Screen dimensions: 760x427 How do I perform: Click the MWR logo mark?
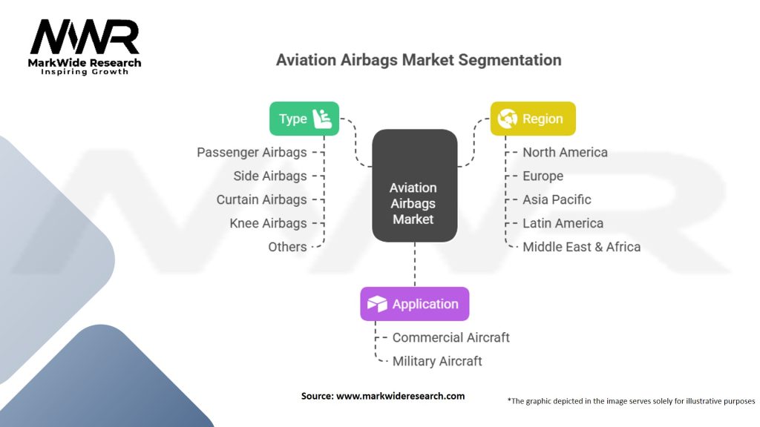[84, 37]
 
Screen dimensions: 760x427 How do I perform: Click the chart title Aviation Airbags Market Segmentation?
[419, 60]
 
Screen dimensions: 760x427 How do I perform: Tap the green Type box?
[304, 119]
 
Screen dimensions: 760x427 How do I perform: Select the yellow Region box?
[533, 119]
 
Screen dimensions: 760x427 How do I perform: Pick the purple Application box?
[414, 304]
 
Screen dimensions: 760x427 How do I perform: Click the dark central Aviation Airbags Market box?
[414, 185]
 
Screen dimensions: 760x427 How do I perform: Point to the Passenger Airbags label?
[252, 152]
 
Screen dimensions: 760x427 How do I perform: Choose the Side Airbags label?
[270, 176]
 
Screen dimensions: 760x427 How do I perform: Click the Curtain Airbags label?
[261, 199]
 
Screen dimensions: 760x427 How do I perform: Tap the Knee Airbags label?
[268, 223]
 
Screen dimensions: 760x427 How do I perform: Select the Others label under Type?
[287, 247]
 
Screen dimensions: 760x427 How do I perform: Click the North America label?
[565, 152]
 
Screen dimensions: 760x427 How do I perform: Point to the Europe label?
[543, 176]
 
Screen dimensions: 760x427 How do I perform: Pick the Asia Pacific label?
[557, 199]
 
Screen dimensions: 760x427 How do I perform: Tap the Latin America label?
[563, 223]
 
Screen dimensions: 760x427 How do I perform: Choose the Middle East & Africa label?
[581, 247]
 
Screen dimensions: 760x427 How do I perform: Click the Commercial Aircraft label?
[451, 337]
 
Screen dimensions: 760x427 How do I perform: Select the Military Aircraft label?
[437, 361]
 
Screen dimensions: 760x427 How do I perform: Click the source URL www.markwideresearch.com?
[400, 396]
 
